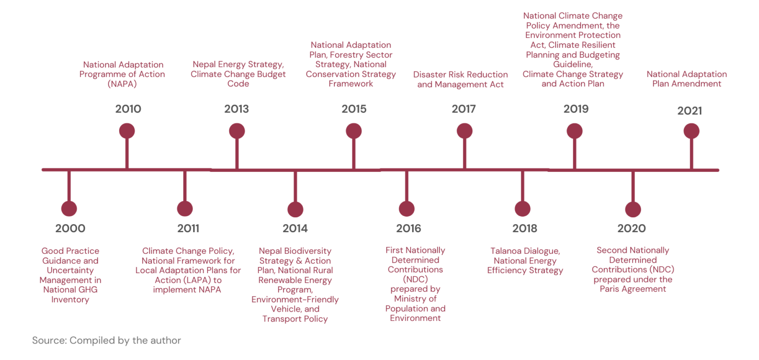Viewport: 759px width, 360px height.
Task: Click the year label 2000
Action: [70, 228]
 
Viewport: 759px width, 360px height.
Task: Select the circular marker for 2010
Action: [127, 131]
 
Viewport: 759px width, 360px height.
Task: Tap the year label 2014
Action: [295, 228]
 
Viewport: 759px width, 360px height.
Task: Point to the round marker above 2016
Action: [407, 209]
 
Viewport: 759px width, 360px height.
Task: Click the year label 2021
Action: [689, 111]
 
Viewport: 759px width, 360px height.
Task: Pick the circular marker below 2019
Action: [574, 131]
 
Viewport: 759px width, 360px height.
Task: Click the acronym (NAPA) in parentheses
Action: [122, 84]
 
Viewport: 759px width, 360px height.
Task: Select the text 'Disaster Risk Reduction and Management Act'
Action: [460, 80]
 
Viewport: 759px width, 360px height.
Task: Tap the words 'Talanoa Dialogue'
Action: [525, 251]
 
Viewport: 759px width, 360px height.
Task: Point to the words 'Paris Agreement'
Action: [632, 289]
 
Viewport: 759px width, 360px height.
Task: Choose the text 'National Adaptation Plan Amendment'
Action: [686, 79]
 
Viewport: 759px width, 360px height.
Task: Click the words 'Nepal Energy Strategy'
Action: [238, 65]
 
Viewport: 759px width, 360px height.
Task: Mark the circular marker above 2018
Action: [522, 209]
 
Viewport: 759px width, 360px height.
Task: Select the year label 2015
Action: [354, 109]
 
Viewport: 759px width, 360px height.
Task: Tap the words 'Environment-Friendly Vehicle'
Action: [295, 304]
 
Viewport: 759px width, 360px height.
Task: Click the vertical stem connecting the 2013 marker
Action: [237, 154]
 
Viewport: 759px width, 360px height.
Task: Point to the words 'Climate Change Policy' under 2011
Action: [188, 251]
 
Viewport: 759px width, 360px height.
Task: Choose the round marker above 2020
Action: [633, 209]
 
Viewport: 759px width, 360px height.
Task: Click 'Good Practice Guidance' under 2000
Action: [70, 256]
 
